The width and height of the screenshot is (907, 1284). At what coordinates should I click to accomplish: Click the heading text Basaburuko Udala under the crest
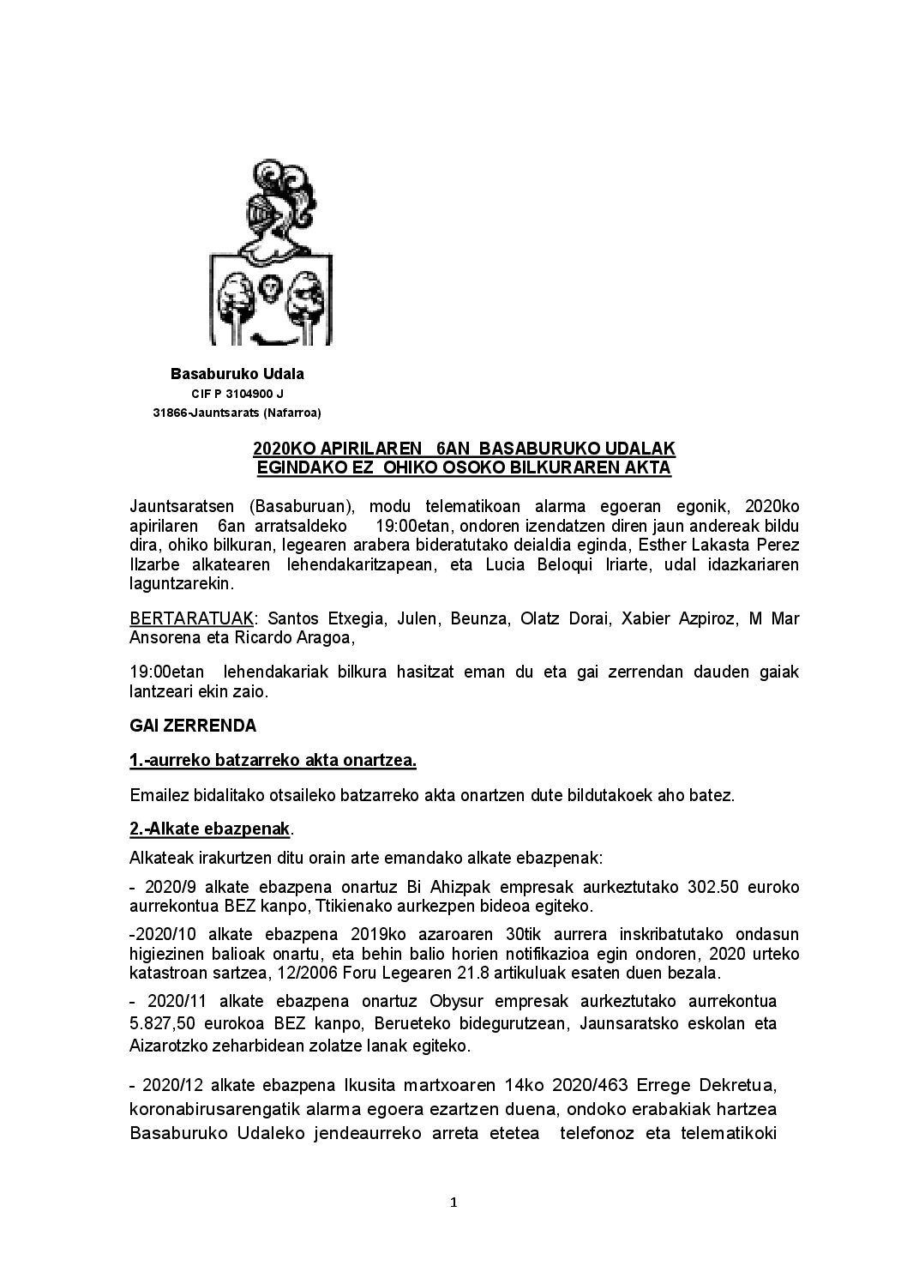tap(237, 374)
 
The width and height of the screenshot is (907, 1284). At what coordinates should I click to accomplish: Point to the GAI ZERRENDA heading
tap(193, 725)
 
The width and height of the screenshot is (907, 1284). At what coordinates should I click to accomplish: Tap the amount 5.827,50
tap(166, 1024)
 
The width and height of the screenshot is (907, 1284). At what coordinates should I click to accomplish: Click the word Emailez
tap(159, 795)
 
